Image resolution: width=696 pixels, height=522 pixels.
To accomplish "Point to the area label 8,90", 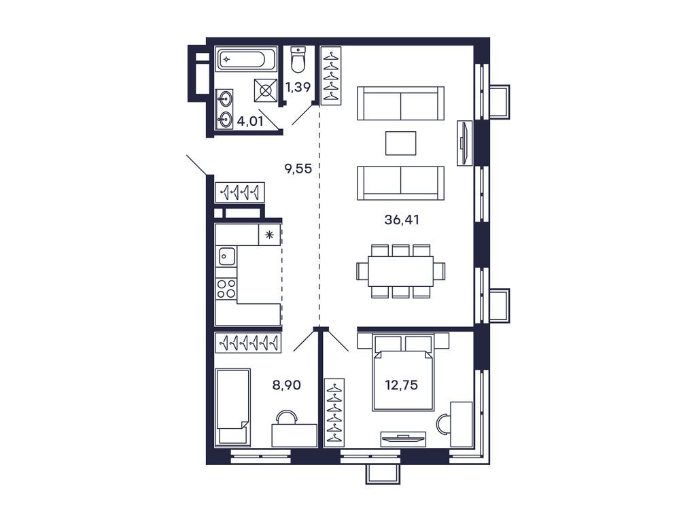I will click(x=287, y=385).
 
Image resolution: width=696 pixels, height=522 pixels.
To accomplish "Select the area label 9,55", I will click(x=298, y=169).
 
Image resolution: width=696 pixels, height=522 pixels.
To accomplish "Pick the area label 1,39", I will click(x=299, y=86).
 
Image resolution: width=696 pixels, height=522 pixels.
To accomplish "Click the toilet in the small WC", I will click(x=298, y=60).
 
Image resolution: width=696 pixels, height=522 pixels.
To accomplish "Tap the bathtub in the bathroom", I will click(x=245, y=59).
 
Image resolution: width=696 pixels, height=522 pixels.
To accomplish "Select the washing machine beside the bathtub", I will click(x=266, y=89).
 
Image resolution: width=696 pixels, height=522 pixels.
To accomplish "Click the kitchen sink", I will click(x=227, y=256).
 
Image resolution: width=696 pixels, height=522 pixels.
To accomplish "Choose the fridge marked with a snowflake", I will click(x=270, y=235).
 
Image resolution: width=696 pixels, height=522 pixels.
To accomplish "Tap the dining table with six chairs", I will click(x=401, y=271).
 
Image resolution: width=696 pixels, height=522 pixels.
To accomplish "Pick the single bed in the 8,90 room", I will click(x=232, y=406).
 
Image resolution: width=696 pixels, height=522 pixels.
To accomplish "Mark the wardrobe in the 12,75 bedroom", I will click(x=334, y=412).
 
